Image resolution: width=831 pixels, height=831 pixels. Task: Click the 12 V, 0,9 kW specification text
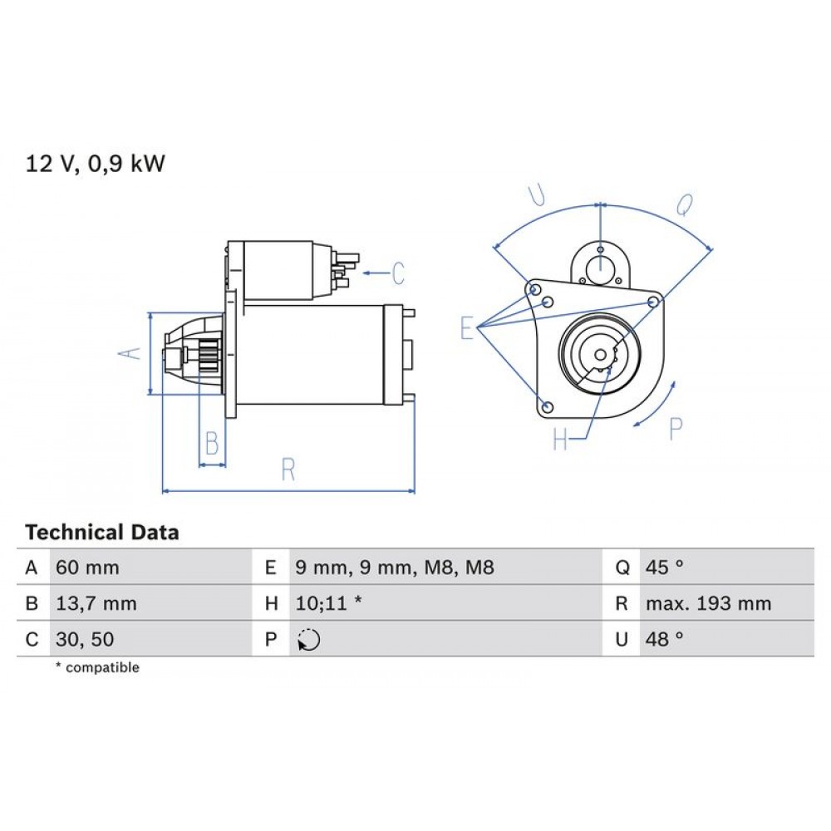click(x=96, y=165)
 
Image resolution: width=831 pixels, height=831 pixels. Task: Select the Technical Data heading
click(x=101, y=533)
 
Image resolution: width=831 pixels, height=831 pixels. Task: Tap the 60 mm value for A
click(x=87, y=568)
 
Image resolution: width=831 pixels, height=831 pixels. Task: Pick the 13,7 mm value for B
click(x=96, y=604)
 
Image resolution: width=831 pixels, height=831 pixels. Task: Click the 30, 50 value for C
click(x=84, y=640)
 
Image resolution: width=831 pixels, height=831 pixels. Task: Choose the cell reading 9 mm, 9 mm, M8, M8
click(x=395, y=568)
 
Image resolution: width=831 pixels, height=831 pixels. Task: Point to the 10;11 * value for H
click(x=328, y=604)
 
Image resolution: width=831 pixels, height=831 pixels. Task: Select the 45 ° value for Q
click(x=664, y=568)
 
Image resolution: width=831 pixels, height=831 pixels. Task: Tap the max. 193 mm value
click(x=708, y=604)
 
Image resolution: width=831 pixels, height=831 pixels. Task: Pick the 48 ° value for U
click(x=664, y=640)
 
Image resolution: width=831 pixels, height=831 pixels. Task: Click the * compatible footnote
click(x=97, y=668)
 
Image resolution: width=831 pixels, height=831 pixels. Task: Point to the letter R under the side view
click(x=288, y=470)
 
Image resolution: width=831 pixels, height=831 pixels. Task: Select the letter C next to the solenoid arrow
click(x=398, y=273)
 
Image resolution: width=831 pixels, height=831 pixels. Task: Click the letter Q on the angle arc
click(x=683, y=205)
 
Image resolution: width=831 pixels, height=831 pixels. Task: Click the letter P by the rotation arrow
click(x=676, y=429)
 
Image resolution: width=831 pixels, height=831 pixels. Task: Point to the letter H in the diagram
click(x=561, y=440)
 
